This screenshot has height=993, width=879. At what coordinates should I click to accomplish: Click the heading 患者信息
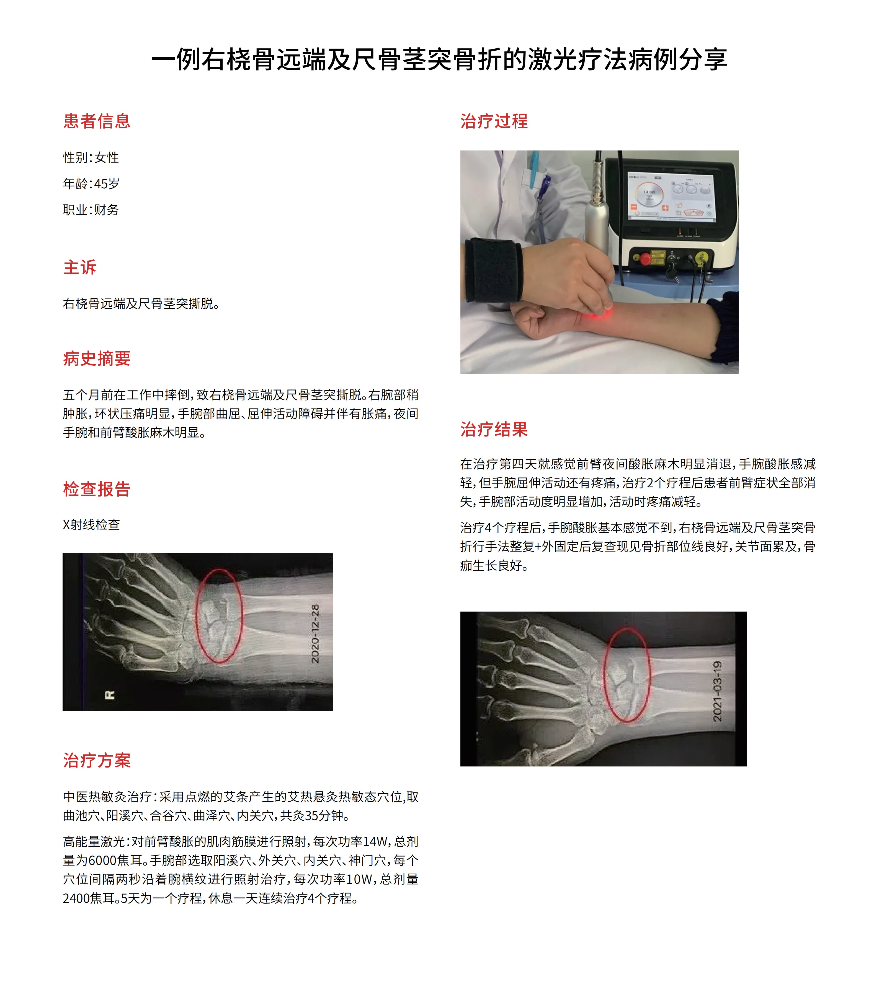click(97, 121)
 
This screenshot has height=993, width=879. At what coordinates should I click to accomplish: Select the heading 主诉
click(80, 267)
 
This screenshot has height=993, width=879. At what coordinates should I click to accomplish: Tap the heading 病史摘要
click(97, 358)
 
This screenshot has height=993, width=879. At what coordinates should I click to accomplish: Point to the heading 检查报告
click(97, 489)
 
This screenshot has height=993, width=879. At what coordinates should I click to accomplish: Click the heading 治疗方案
click(97, 760)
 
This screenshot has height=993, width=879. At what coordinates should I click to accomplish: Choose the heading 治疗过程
click(494, 121)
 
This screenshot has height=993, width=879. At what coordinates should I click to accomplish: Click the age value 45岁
click(107, 184)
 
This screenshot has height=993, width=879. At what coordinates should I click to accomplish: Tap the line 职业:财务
click(91, 210)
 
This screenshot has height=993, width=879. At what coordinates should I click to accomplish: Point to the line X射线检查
click(91, 525)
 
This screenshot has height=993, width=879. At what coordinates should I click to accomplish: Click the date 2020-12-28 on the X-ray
click(315, 633)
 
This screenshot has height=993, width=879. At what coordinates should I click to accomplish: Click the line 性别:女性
click(91, 157)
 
